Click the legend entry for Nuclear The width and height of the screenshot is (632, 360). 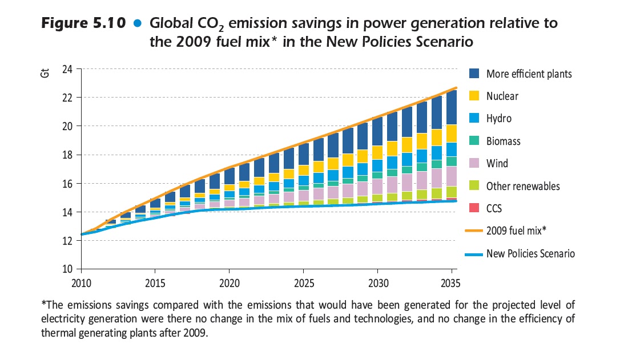click(x=502, y=96)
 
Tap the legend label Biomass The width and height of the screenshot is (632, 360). click(x=503, y=141)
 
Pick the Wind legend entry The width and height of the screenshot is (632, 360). click(x=497, y=164)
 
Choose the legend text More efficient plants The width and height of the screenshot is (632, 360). click(x=529, y=74)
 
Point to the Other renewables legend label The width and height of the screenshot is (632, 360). click(x=523, y=187)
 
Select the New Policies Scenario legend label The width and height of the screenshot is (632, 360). click(x=530, y=254)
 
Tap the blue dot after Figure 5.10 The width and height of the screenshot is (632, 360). click(x=136, y=25)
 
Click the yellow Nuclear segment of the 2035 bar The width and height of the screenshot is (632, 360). click(x=451, y=134)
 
